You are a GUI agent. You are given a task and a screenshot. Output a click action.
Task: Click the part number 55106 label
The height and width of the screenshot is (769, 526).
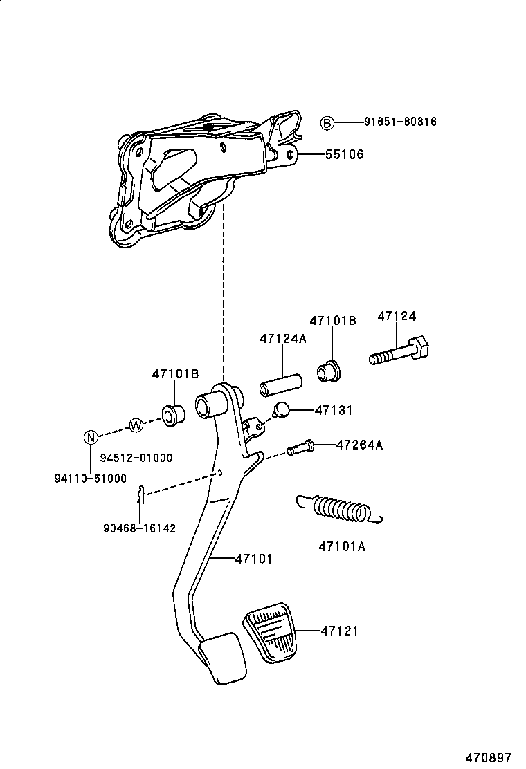[x=345, y=154]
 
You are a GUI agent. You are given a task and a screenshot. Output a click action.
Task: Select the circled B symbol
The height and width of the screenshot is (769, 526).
[x=327, y=123]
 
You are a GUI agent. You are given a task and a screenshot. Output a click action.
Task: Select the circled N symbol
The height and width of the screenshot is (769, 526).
[x=90, y=436]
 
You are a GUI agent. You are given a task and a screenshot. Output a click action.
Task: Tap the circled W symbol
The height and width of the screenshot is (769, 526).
[x=136, y=425]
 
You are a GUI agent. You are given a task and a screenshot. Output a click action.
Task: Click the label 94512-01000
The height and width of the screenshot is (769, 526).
[x=136, y=457]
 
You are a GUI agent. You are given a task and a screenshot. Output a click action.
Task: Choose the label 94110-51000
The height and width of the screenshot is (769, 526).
[x=91, y=478]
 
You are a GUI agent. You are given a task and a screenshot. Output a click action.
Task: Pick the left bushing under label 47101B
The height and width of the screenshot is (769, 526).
[x=172, y=416]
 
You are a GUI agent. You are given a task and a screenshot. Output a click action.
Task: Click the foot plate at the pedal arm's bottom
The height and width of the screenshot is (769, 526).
[x=222, y=663]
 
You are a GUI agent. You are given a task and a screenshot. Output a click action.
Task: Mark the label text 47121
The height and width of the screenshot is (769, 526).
[x=339, y=631]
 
